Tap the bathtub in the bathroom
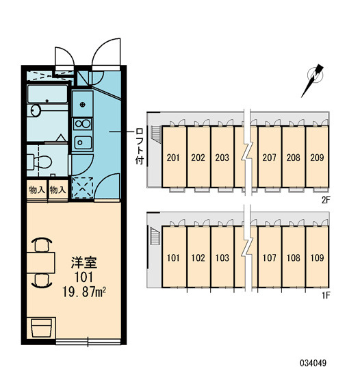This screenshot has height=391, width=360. coord(47,94)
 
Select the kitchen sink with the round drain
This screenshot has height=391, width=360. coord(82,103)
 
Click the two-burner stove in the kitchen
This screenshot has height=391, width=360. coord(83,124)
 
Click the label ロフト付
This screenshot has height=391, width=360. coord(140,147)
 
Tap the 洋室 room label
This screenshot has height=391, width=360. coord(84,262)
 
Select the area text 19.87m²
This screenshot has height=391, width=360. coord(84,292)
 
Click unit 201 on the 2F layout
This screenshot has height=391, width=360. coord(173,157)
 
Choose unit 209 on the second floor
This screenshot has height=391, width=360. coord(317,157)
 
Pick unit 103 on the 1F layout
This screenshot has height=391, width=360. coord(222,257)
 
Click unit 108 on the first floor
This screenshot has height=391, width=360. coord(294,257)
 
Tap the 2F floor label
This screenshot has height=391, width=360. coord(326,200)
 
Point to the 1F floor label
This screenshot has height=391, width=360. coord(326,296)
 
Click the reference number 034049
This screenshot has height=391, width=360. coord(313,363)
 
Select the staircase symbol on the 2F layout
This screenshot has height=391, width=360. coord(156,134)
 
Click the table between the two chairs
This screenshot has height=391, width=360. coord(41,262)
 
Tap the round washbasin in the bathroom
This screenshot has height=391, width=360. coord(36,110)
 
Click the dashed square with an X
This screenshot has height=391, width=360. coord(82,188)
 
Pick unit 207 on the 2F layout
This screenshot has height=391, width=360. coord(269,157)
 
